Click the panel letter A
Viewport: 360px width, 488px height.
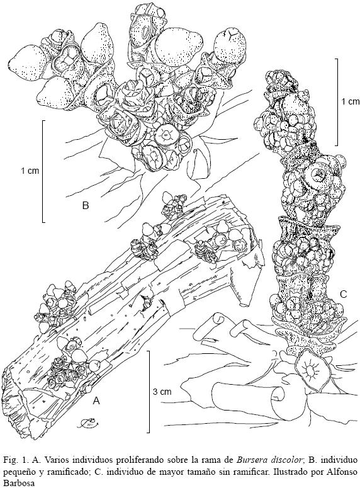96,401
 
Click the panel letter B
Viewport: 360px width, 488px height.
85,205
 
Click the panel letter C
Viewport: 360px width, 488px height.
343,294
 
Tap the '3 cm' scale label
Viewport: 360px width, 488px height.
162,391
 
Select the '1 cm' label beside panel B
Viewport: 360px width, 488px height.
30,171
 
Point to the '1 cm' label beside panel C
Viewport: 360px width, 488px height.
350,101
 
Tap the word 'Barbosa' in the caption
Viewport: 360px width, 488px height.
14,483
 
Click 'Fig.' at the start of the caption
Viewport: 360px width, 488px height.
9,460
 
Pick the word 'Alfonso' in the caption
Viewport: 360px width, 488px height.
344,471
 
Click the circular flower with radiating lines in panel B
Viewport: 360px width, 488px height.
166,135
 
